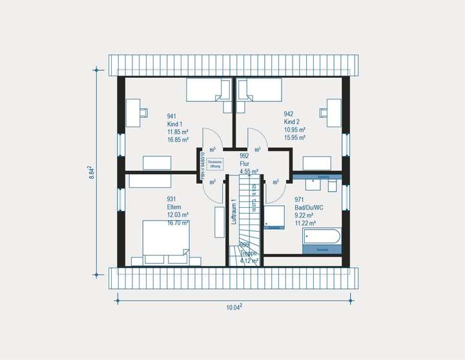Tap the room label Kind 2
tap(292, 122)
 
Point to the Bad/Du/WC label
tap(308, 208)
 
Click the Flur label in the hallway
tap(245, 164)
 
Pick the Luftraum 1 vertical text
tap(234, 213)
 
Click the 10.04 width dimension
tap(234, 308)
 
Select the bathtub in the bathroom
tap(321, 239)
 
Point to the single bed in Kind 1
tap(208, 90)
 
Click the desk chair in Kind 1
tap(143, 111)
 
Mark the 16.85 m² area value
tap(178, 139)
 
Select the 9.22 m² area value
tap(305, 215)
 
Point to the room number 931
tap(172, 199)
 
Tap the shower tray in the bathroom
tap(273, 217)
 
